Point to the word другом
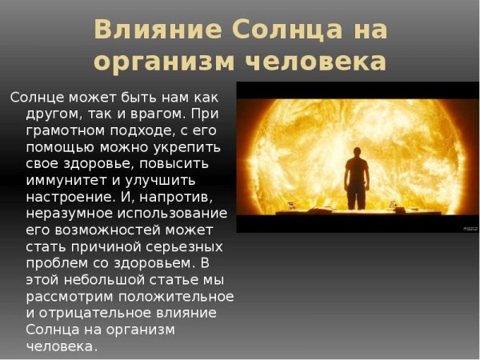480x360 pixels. (x=54, y=114)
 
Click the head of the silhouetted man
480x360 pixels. (x=356, y=144)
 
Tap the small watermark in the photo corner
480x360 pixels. (x=469, y=228)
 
